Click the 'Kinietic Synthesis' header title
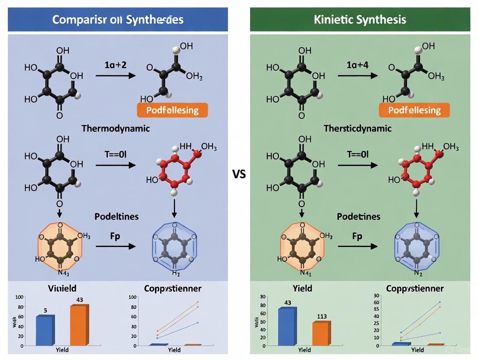[x=360, y=19]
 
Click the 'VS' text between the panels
[x=239, y=174]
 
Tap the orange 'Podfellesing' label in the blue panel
[x=172, y=110]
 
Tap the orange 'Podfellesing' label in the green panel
[x=414, y=110]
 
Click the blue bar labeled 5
[x=45, y=330]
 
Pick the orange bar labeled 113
[x=321, y=333]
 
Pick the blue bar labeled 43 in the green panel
[x=287, y=326]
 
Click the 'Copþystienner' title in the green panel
[x=414, y=288]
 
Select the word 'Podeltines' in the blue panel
[x=116, y=216]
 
